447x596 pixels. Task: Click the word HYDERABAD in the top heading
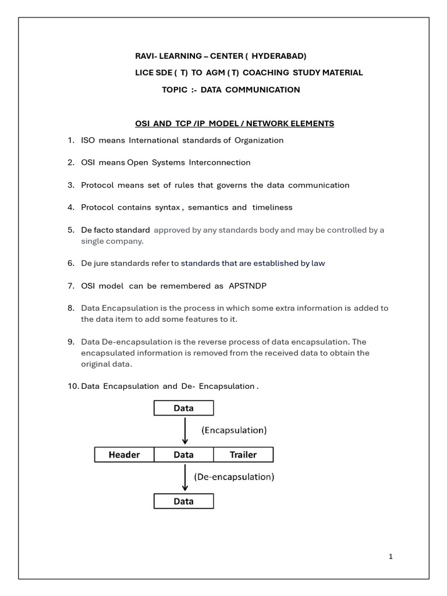(x=278, y=56)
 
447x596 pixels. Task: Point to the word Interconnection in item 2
(x=217, y=162)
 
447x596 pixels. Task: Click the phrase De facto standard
(x=115, y=230)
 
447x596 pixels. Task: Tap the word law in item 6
(x=318, y=263)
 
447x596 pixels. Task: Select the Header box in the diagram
(x=125, y=455)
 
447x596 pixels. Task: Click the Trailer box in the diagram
(x=243, y=455)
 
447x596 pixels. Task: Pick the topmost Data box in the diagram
(x=183, y=408)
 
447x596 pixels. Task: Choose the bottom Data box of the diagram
(x=183, y=501)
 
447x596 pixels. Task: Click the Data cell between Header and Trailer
(x=183, y=455)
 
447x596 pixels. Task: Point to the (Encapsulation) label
(x=233, y=431)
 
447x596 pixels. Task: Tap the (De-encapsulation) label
(x=233, y=476)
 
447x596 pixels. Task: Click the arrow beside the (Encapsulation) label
(x=185, y=431)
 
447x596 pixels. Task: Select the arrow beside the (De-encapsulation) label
(x=185, y=477)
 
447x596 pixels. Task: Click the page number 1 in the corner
(x=391, y=557)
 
